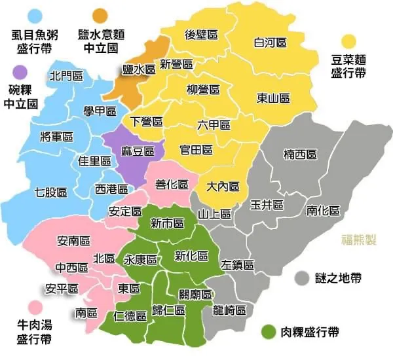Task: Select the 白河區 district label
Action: (270, 43)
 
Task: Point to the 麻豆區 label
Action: (138, 151)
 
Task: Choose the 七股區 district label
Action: (50, 192)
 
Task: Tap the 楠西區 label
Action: (300, 154)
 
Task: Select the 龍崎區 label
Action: (229, 310)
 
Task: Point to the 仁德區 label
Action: (130, 316)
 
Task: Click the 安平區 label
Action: (62, 288)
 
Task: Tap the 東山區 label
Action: (273, 98)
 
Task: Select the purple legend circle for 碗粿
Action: (20, 71)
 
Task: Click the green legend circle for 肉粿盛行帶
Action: (267, 331)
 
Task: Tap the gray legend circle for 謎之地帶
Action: (302, 278)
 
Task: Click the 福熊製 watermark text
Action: (359, 240)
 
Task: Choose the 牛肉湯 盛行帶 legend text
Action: (35, 333)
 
